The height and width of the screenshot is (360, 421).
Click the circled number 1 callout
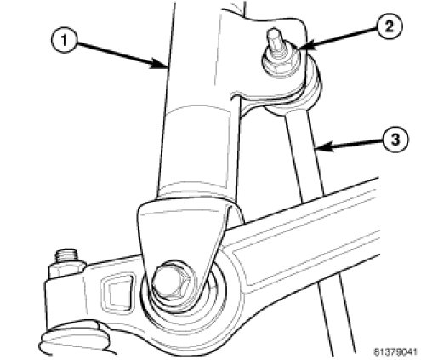click(65, 41)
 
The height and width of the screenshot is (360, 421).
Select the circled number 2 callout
click(389, 27)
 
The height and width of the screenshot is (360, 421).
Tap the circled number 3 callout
click(395, 140)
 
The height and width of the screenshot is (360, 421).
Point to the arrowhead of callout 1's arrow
click(161, 64)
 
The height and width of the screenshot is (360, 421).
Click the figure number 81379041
click(395, 352)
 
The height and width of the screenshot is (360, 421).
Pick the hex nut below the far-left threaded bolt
click(67, 271)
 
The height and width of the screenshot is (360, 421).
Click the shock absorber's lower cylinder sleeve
click(196, 151)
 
